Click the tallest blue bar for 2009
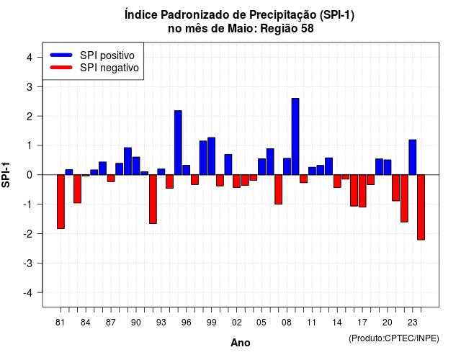[295, 137]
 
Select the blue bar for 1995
[178, 143]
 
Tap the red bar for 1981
[61, 202]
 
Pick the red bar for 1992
[153, 199]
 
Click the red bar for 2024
[421, 207]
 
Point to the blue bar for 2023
[413, 157]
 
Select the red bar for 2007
[279, 189]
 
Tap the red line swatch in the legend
[61, 67]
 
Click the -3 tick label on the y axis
[28, 264]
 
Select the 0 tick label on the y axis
[30, 175]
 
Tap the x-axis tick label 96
[186, 323]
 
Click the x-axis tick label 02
[236, 323]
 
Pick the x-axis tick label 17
[362, 323]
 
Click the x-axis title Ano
[241, 343]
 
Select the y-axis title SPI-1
[6, 175]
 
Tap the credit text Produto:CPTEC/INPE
[394, 338]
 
